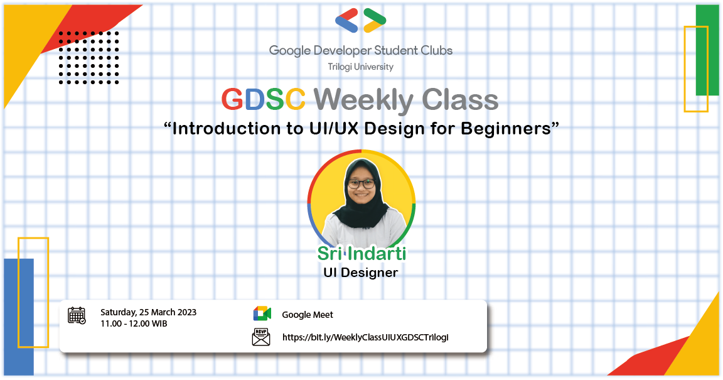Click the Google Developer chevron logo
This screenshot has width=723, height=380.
[x=361, y=21]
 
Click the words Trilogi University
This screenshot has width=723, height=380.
[x=360, y=67]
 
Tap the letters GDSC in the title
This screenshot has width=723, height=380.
[x=264, y=99]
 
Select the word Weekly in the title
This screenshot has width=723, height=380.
[x=364, y=99]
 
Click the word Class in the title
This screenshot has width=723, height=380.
[x=460, y=99]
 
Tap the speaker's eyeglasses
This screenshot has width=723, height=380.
[x=361, y=184]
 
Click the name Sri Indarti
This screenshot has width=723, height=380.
[x=361, y=254]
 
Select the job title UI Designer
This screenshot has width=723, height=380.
[x=360, y=273]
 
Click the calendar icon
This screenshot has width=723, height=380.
[x=77, y=315]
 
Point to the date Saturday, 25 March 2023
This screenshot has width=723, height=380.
[x=148, y=312]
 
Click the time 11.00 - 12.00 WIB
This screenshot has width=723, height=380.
[x=134, y=323]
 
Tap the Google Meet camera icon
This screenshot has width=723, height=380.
[x=262, y=314]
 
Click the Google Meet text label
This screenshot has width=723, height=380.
[x=308, y=315]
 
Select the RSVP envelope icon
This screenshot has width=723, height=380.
[x=261, y=337]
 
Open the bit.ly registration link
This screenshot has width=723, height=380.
[x=365, y=337]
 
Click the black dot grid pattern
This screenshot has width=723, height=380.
[x=88, y=57]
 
